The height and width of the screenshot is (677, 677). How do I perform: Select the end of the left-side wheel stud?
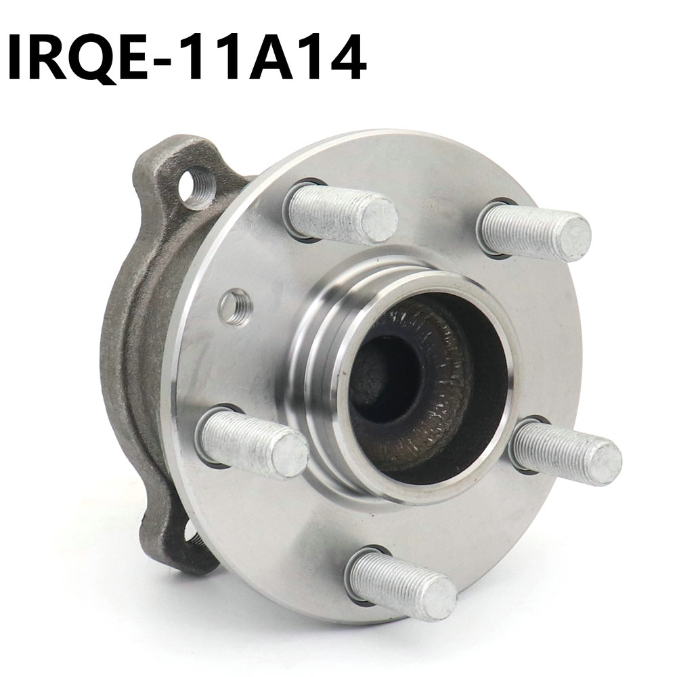coord(290,456)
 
